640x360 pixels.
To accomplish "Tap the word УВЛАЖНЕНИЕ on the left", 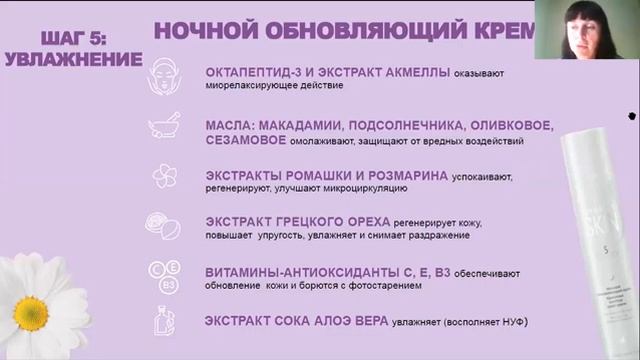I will [73, 59].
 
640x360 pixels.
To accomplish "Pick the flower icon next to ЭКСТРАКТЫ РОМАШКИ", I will [164, 176].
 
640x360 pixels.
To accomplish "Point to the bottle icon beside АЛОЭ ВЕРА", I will [164, 321].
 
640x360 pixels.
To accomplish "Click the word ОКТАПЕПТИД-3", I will [255, 73].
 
